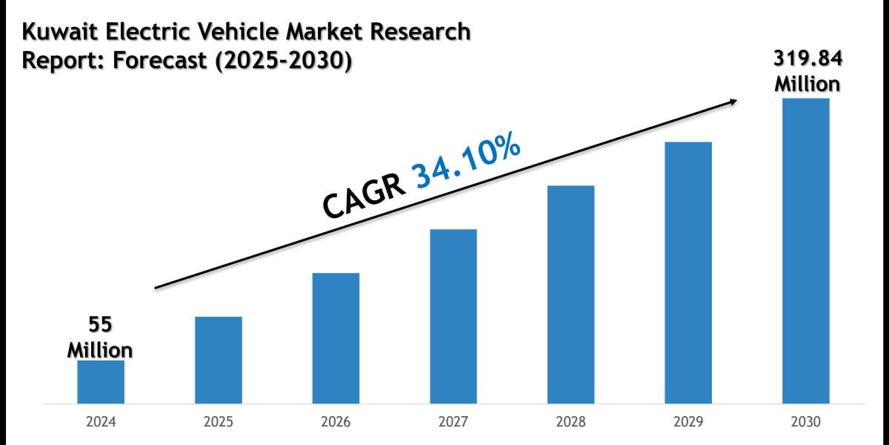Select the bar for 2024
point(101,382)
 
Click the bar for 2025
point(219,360)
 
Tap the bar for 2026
point(336,338)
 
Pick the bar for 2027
point(453,317)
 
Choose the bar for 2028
point(570,294)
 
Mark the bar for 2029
point(688,273)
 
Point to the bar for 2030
point(806,251)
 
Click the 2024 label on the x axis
point(101,423)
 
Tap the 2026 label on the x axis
point(336,423)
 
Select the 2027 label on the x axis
point(453,423)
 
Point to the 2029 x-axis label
point(688,423)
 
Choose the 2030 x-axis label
point(806,423)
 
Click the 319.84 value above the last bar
point(808,59)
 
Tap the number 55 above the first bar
point(101,325)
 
